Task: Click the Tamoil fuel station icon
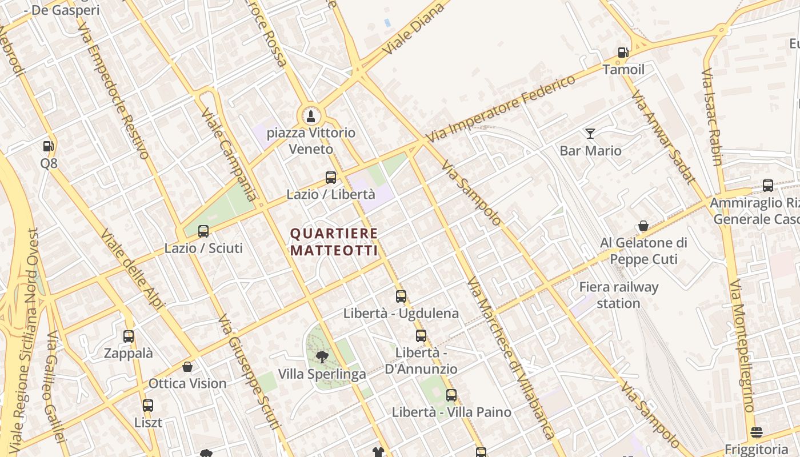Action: point(622,53)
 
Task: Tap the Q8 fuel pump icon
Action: point(48,146)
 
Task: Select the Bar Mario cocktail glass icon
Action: point(590,134)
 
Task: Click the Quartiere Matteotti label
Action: point(334,242)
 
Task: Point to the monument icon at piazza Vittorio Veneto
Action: point(311,117)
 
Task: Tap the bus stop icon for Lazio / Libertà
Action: point(330,178)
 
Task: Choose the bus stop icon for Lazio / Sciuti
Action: point(203,231)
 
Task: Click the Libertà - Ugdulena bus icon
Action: point(401,296)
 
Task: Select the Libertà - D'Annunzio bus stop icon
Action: point(421,336)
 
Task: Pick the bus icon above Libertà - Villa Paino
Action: point(451,395)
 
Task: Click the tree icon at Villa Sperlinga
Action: point(322,357)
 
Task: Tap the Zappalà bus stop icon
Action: point(129,336)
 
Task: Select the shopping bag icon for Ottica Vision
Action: point(187,367)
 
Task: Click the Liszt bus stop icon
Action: point(148,406)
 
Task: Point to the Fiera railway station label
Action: point(618,295)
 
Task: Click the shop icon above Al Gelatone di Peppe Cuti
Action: point(643,226)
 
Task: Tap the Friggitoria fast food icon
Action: point(757,432)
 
